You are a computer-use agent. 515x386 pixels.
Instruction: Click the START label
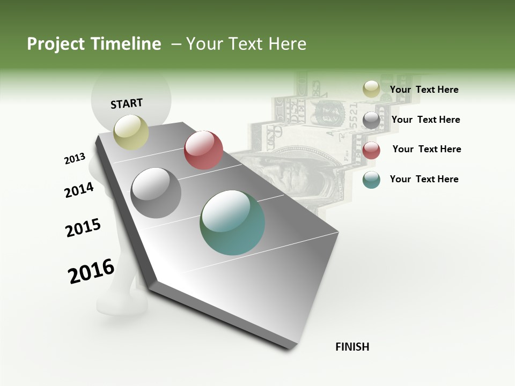click(x=127, y=103)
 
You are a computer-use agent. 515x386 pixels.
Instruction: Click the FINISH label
click(x=352, y=347)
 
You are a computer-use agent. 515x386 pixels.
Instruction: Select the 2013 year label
click(x=75, y=159)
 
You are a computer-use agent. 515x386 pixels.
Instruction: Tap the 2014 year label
click(x=79, y=190)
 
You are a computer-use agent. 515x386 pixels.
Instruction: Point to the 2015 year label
click(x=83, y=228)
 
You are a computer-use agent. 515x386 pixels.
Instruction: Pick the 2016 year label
click(x=91, y=271)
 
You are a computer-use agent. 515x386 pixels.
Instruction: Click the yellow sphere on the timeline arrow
click(x=131, y=132)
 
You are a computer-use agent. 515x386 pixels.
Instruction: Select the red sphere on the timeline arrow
click(x=203, y=150)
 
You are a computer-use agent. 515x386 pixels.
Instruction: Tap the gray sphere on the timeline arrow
click(x=156, y=193)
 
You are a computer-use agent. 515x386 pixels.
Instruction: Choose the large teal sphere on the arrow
click(x=232, y=222)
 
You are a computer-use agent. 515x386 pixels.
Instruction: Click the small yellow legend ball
click(x=371, y=90)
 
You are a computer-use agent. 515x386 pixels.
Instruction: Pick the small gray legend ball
click(x=371, y=120)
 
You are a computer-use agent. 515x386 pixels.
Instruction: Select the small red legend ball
click(x=371, y=150)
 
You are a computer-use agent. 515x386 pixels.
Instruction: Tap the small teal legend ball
click(x=371, y=180)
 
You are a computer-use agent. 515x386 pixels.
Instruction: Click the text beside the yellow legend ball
click(x=424, y=90)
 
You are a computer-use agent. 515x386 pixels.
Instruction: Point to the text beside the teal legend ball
click(x=424, y=179)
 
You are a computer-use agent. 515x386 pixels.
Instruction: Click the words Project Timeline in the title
click(x=94, y=44)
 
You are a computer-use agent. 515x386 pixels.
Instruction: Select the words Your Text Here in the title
click(x=246, y=44)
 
